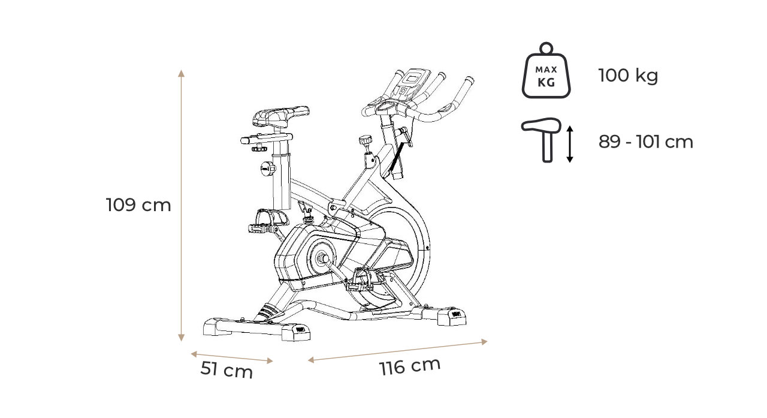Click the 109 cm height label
click(138, 205)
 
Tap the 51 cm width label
click(227, 369)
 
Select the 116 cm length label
click(410, 366)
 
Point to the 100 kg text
click(628, 75)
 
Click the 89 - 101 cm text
click(646, 142)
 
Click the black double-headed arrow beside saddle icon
click(570, 144)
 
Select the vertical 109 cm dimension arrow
click(182, 206)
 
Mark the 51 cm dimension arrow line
click(232, 357)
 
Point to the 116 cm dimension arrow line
click(397, 350)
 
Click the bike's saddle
click(279, 116)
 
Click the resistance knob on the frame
click(366, 140)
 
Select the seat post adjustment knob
click(267, 169)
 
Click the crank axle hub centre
click(322, 258)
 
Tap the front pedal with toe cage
click(366, 280)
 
